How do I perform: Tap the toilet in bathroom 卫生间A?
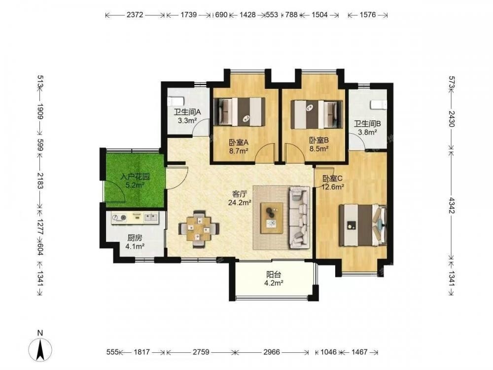pyautogui.click(x=175, y=102)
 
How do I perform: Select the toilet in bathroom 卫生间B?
pyautogui.click(x=378, y=105)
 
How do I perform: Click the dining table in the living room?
pyautogui.click(x=199, y=229)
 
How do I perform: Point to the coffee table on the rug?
pyautogui.click(x=272, y=218)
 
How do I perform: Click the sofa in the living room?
pyautogui.click(x=299, y=217)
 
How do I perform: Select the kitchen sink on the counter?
pyautogui.click(x=151, y=217)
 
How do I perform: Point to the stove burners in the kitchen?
pyautogui.click(x=119, y=218)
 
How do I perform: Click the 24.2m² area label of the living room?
pyautogui.click(x=240, y=203)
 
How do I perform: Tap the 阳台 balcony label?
pyautogui.click(x=274, y=275)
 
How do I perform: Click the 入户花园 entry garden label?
pyautogui.click(x=135, y=177)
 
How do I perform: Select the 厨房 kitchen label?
pyautogui.click(x=135, y=238)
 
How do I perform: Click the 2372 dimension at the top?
pyautogui.click(x=135, y=15)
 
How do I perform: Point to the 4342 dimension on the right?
pyautogui.click(x=452, y=205)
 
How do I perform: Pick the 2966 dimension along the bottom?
pyautogui.click(x=272, y=352)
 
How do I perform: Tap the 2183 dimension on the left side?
pyautogui.click(x=40, y=180)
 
